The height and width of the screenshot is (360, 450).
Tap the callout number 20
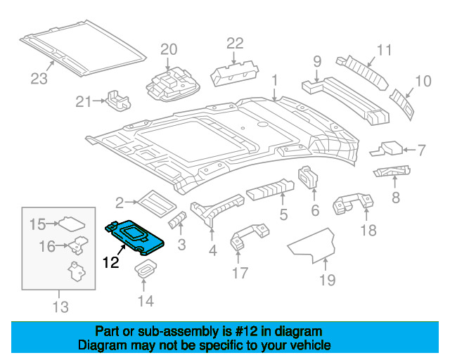[x=168, y=50]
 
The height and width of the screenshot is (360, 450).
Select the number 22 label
[x=234, y=44]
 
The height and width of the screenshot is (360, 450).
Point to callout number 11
[x=383, y=50]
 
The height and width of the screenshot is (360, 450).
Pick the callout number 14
[x=145, y=302]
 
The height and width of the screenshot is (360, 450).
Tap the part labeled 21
[x=118, y=101]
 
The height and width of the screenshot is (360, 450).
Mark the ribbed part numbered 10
[x=402, y=100]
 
